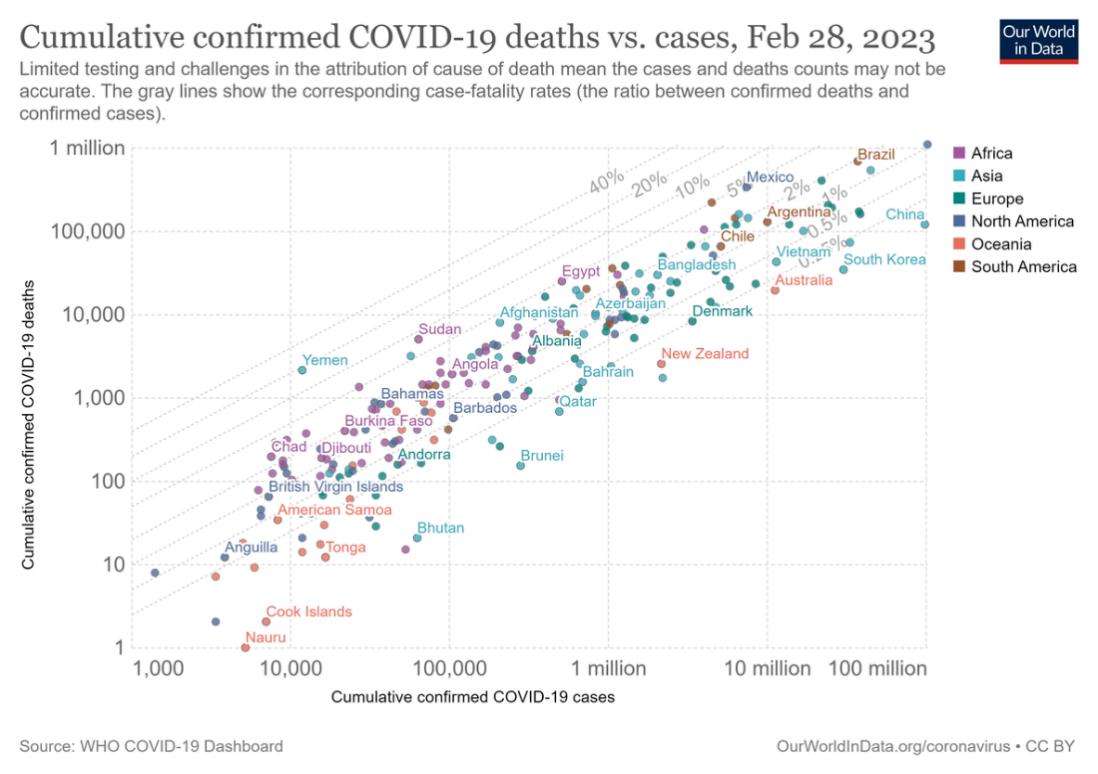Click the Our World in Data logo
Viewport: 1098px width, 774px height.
pyautogui.click(x=1039, y=39)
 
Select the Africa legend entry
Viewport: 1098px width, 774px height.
pyautogui.click(x=991, y=154)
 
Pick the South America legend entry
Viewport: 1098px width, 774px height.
pyautogui.click(x=1023, y=266)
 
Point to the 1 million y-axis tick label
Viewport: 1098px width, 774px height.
pyautogui.click(x=88, y=149)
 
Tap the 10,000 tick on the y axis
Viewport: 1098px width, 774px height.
pyautogui.click(x=96, y=315)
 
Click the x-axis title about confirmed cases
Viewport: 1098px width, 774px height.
pyautogui.click(x=472, y=696)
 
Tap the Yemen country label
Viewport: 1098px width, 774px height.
pyautogui.click(x=325, y=361)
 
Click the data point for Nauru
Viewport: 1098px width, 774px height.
pyautogui.click(x=246, y=647)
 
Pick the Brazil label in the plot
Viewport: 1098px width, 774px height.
pyautogui.click(x=876, y=155)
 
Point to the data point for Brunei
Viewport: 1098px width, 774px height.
pyautogui.click(x=520, y=466)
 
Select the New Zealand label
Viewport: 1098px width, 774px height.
pyautogui.click(x=705, y=354)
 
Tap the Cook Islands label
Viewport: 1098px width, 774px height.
pyautogui.click(x=308, y=612)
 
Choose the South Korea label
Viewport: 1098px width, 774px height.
pyautogui.click(x=885, y=260)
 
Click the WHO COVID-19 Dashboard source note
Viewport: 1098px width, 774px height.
pyautogui.click(x=151, y=746)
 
